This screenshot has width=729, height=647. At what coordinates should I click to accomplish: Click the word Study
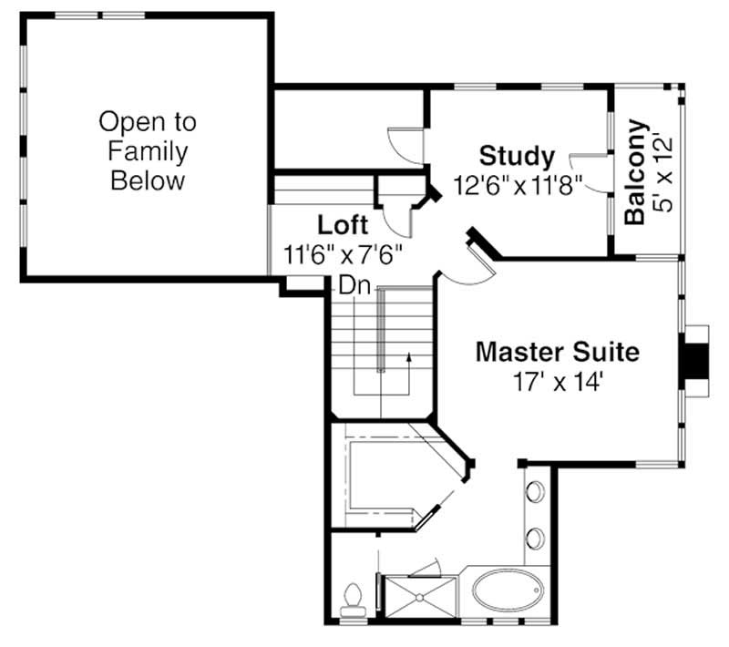coord(517,156)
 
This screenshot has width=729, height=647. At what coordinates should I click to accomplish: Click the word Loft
coord(343,225)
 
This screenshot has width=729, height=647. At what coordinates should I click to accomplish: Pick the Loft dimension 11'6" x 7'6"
coord(343,253)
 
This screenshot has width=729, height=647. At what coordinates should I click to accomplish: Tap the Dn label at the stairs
coord(354,285)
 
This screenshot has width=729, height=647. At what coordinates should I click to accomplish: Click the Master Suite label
coord(557,351)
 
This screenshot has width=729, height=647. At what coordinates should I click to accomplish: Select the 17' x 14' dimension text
coord(557,382)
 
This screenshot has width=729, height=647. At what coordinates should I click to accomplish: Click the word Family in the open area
coord(148,150)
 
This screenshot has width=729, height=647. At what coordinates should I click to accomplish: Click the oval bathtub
coord(509,589)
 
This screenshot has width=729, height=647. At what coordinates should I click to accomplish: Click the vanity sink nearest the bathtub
coord(535,537)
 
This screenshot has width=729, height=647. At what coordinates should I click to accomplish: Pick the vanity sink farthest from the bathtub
coord(535,492)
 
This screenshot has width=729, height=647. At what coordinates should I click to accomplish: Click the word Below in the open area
coord(148,180)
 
